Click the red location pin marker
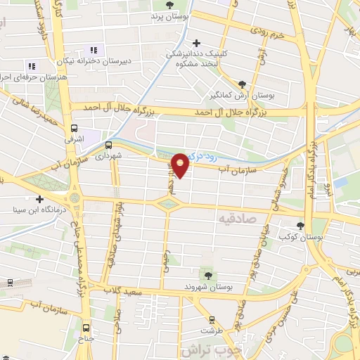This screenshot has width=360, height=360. pos(181,165)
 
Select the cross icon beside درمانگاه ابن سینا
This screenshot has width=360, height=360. pos(40,199)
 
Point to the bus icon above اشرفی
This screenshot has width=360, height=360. pos(75,128)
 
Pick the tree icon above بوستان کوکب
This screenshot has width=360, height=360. pos(301,226)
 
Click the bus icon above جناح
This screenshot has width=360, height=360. pos(86,328)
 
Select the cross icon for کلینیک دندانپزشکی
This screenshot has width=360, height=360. pos(197,44)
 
